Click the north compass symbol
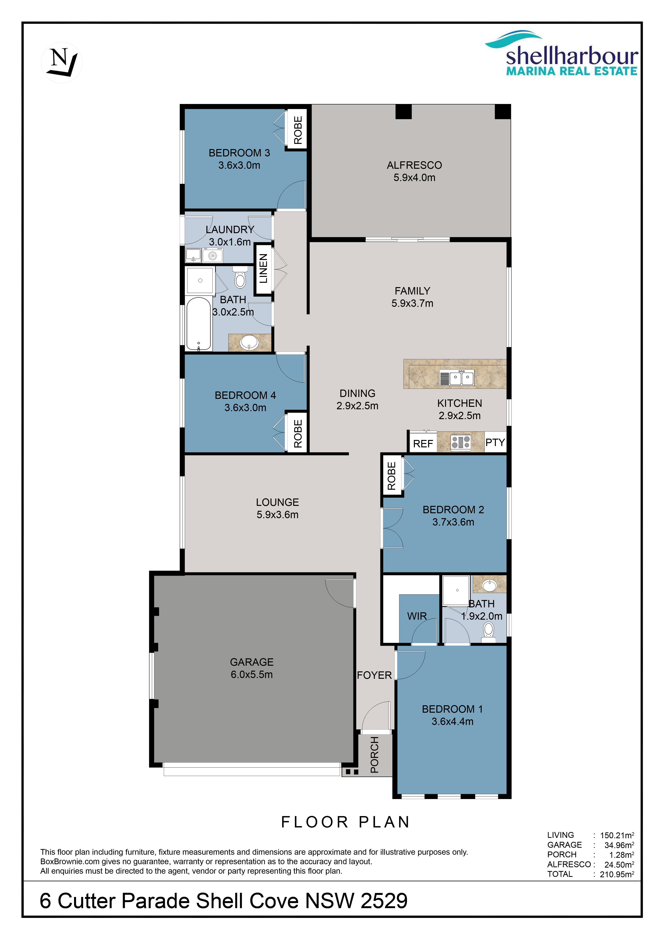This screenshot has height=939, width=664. (x=62, y=62)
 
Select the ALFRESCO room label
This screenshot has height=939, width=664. (x=414, y=165)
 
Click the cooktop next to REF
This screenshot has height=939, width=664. (x=461, y=442)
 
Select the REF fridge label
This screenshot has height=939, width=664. (x=423, y=444)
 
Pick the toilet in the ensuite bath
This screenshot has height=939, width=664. (x=489, y=632)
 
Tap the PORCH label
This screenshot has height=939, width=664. (x=375, y=755)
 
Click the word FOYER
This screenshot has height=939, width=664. (x=374, y=675)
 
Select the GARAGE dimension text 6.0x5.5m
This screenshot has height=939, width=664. (x=252, y=674)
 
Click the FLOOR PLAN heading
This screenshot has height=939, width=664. (x=345, y=822)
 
